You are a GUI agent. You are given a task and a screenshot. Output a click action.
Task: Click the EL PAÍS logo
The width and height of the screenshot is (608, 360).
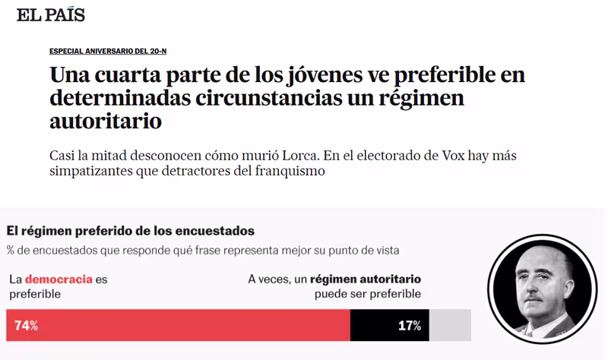[51, 14]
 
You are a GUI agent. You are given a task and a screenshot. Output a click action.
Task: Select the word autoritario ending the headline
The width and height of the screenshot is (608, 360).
[106, 121]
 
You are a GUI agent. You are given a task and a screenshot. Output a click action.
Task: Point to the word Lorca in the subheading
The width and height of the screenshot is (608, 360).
[295, 155]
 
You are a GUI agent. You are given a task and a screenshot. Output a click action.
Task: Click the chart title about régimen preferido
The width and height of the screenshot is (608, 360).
[130, 230]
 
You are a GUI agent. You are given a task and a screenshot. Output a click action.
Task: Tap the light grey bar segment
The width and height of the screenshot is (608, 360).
[450, 325]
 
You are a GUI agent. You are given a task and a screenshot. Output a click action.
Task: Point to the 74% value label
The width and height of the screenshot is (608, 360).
[26, 326]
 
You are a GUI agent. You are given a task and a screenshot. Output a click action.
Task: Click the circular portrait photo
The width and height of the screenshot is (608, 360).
[544, 292]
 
